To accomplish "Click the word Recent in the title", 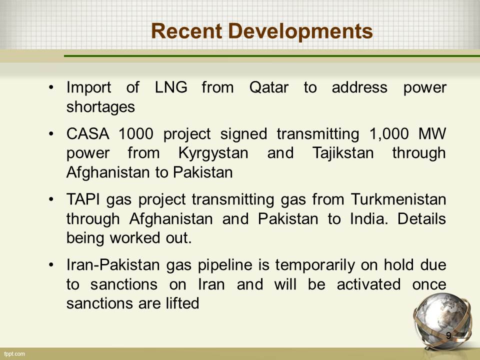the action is [x=186, y=31].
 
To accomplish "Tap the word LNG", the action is [x=171, y=87].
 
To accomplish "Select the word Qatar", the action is [x=269, y=87].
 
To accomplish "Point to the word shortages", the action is [x=100, y=107].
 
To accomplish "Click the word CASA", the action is [x=88, y=134].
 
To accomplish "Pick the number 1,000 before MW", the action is [x=389, y=134].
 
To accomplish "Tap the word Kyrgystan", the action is [x=213, y=153].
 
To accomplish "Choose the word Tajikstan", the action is [x=343, y=153].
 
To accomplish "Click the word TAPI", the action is [x=83, y=199].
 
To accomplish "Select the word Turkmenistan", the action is [x=398, y=199].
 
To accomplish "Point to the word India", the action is [x=369, y=219].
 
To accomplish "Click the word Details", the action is [x=421, y=219].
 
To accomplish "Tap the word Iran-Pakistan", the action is [x=113, y=265].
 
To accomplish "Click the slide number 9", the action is [x=448, y=335].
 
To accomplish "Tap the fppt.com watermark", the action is [x=14, y=354].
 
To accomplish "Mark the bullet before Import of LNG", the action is [x=51, y=88].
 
